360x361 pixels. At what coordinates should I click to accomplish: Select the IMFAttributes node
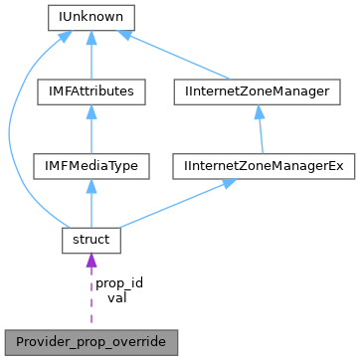point(91,91)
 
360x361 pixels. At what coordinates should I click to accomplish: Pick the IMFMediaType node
point(91,165)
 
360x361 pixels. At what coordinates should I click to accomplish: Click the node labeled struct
point(91,240)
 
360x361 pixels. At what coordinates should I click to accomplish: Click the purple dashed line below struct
point(91,298)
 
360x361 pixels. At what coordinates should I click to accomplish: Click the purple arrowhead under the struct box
point(91,262)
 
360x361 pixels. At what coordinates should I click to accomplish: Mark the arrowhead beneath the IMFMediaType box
point(91,185)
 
